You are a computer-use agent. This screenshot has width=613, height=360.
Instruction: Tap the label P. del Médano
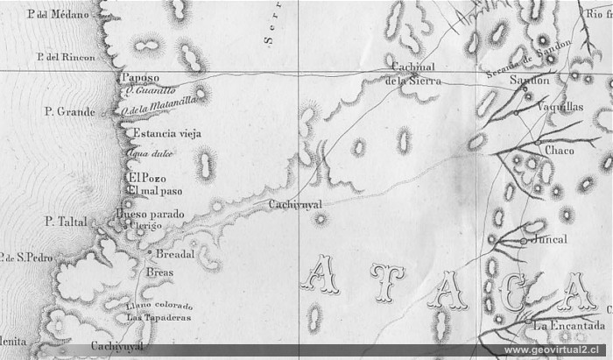pos(53,15)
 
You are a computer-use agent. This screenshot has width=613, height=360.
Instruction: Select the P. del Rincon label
pos(67,58)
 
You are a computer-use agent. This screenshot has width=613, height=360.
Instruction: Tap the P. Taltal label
pos(67,222)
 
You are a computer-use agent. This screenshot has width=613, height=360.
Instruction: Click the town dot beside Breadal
pos(151,253)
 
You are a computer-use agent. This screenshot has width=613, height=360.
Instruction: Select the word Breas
pos(160,273)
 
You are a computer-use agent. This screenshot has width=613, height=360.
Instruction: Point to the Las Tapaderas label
pos(159,318)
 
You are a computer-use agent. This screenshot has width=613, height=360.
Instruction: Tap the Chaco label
pos(559,151)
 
